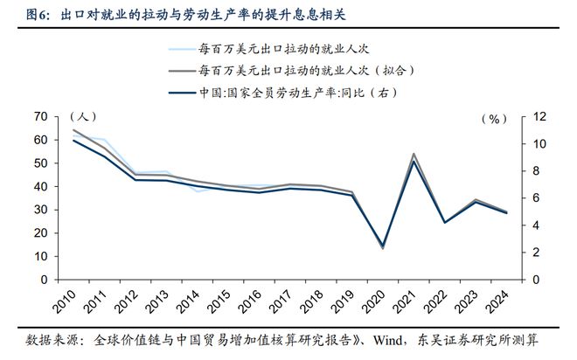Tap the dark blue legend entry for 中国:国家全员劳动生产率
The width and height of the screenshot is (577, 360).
(302, 90)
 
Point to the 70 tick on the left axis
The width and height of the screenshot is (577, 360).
(40, 116)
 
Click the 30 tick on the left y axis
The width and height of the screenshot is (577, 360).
(40, 210)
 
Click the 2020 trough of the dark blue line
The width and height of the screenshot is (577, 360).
(382, 246)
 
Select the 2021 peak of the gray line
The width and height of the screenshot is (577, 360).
(414, 154)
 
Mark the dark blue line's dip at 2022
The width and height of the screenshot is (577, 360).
(446, 222)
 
